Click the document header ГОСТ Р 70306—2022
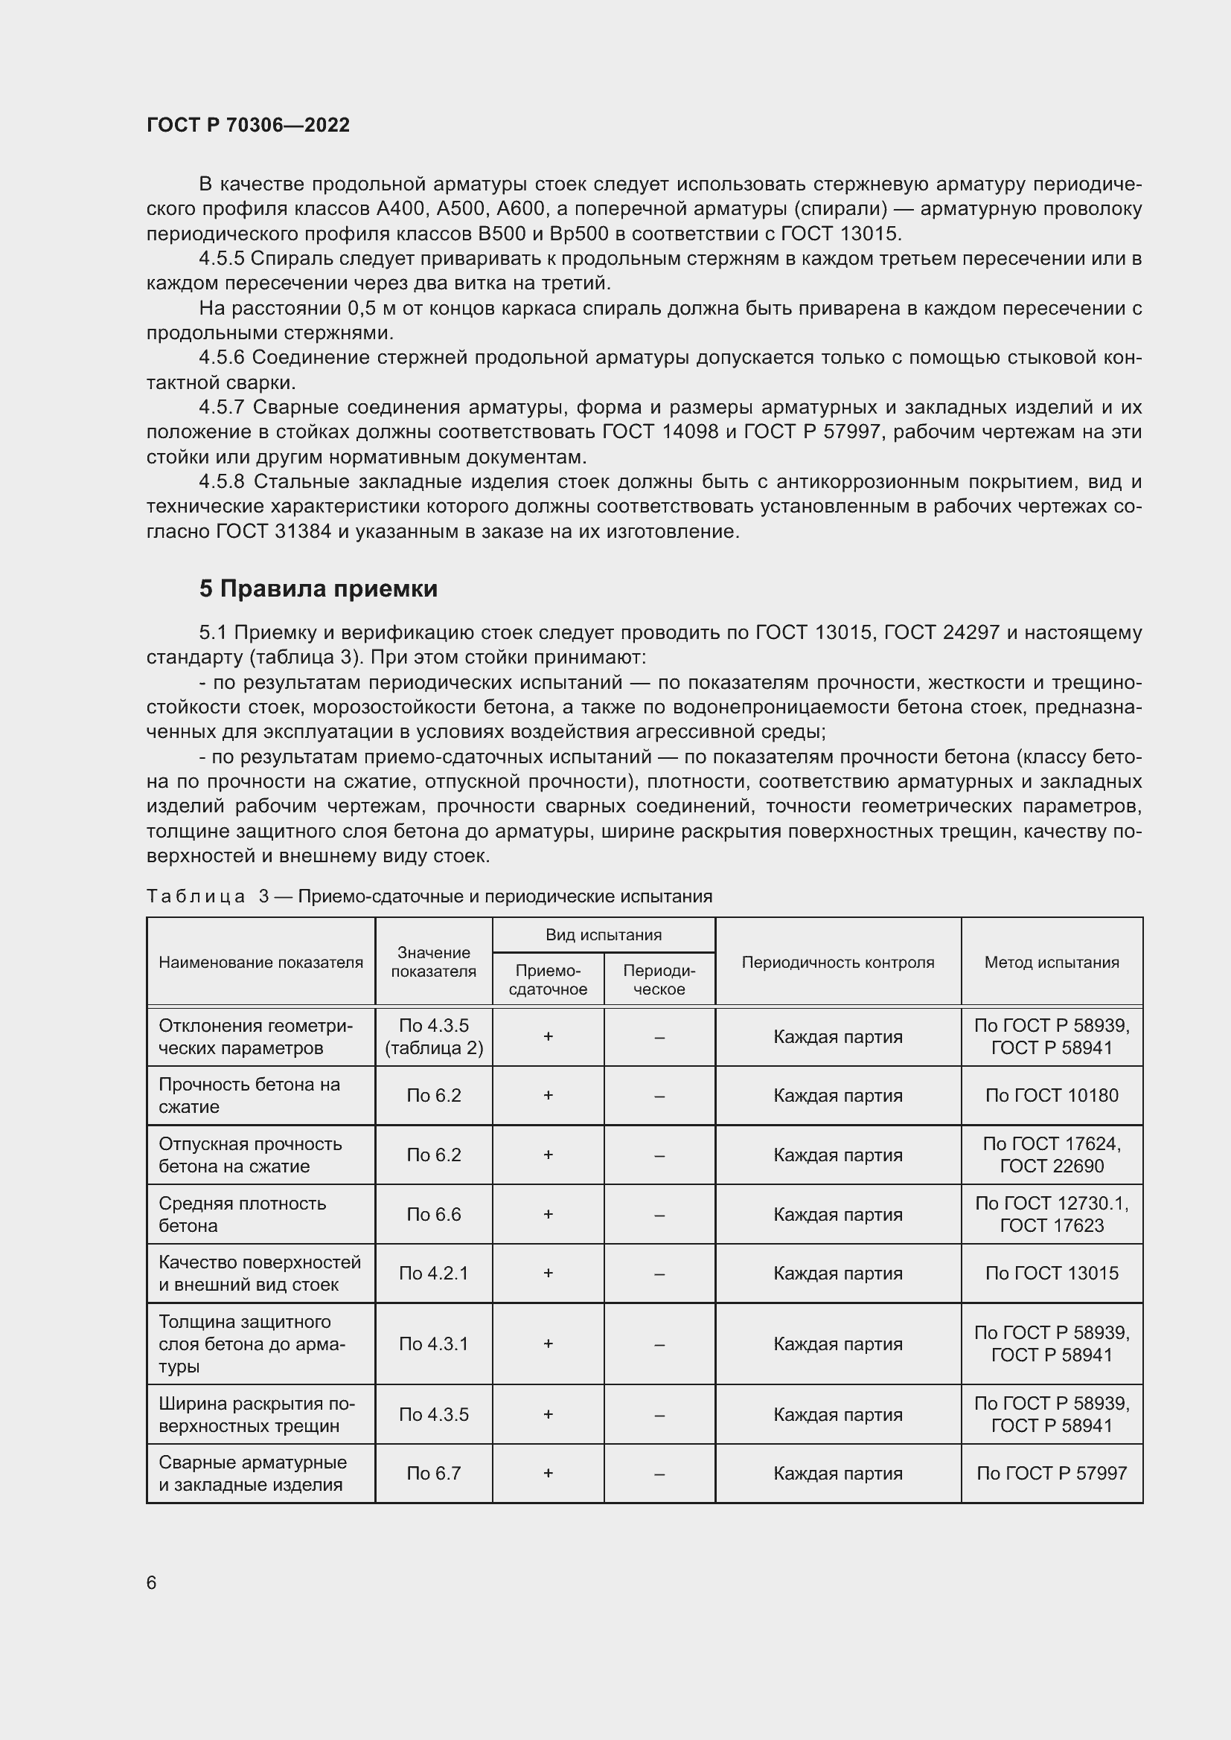248,125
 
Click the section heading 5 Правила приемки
319,589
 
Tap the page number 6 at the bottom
152,1582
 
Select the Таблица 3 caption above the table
429,896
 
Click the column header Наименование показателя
260,963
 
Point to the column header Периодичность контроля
837,963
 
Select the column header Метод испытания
1052,963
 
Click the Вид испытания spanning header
604,935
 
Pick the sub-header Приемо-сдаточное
548,980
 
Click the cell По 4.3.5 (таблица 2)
434,1037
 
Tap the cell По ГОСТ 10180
1052,1095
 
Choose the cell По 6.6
434,1214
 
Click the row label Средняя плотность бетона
243,1214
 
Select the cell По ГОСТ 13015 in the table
1052,1273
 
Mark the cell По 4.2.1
434,1273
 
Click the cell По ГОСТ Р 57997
1052,1473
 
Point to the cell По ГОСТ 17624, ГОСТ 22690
1052,1155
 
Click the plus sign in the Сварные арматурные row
548,1473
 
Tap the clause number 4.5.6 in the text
221,358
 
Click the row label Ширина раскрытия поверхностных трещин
256,1414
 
